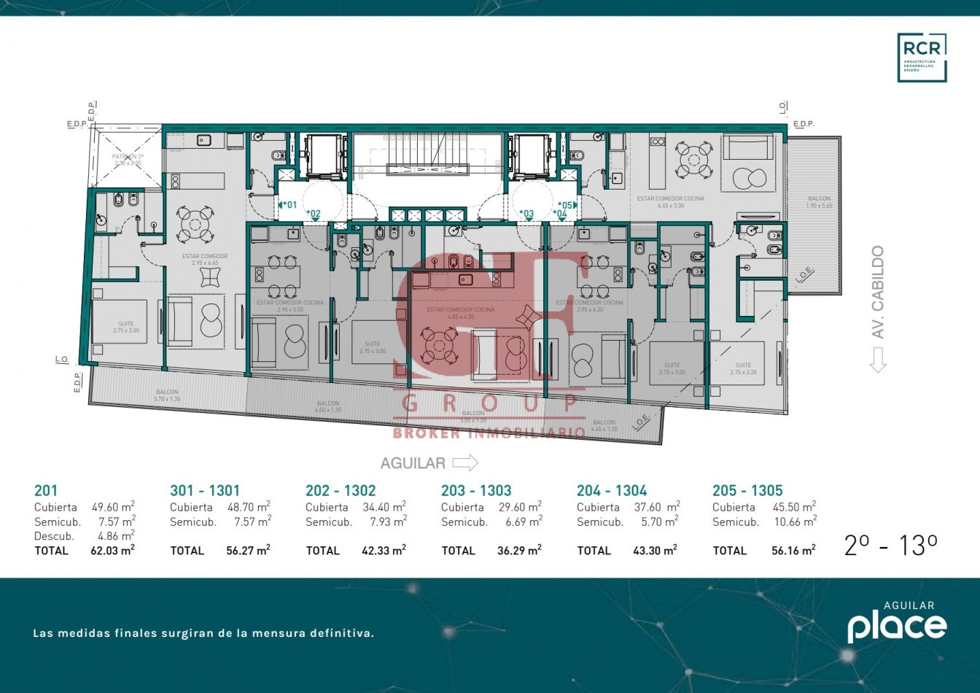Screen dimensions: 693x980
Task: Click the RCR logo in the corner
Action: click(x=922, y=58)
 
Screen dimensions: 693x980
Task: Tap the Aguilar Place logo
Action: click(x=897, y=623)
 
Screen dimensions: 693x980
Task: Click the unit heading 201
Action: click(x=45, y=491)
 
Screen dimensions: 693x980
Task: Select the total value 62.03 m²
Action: click(x=113, y=551)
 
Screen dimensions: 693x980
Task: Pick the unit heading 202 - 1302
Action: click(x=341, y=491)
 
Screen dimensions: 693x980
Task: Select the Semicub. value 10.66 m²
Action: click(x=795, y=522)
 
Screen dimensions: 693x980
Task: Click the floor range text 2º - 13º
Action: click(x=890, y=546)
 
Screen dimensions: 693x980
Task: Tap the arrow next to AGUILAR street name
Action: click(x=465, y=462)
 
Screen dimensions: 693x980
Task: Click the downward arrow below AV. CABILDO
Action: click(x=877, y=359)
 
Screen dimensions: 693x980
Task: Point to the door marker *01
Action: click(x=289, y=205)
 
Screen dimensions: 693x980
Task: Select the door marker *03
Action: click(x=526, y=214)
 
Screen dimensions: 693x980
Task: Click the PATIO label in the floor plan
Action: click(x=127, y=157)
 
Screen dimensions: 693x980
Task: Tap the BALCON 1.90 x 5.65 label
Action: click(x=819, y=202)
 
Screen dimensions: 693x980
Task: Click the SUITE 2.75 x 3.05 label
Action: click(x=126, y=327)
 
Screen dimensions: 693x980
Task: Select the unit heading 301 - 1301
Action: click(x=204, y=491)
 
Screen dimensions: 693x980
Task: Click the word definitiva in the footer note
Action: click(x=341, y=633)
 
